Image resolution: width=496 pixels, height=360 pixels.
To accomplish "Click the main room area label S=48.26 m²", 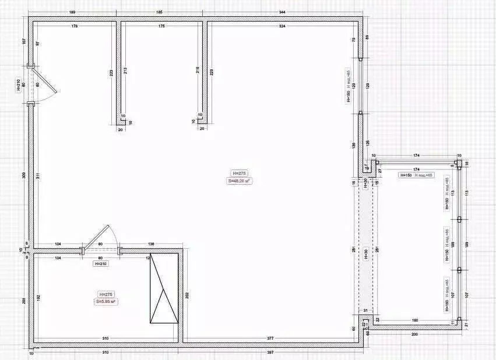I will click(x=239, y=181).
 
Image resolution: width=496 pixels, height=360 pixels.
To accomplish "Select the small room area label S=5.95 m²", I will click(x=106, y=301).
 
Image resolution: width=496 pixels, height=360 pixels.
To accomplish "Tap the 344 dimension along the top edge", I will click(x=282, y=12).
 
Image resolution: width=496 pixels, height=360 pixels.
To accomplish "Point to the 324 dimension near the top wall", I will click(x=282, y=26).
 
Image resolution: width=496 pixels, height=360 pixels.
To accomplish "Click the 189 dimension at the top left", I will click(x=72, y=12).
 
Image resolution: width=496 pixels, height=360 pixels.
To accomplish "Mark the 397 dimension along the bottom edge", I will click(x=270, y=352).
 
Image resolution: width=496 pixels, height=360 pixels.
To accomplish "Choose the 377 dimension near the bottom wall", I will click(x=270, y=338).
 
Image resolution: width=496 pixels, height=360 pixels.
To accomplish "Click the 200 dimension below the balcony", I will click(x=414, y=334).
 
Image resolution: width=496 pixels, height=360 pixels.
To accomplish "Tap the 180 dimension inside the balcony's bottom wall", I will click(x=414, y=320).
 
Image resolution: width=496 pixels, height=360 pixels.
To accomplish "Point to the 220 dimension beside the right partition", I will click(x=212, y=72).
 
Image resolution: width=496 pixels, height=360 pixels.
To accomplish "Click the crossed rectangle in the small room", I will click(x=164, y=287).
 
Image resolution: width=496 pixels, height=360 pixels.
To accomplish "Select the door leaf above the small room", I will click(x=95, y=237).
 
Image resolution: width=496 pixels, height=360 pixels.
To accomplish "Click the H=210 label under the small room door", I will click(x=101, y=263).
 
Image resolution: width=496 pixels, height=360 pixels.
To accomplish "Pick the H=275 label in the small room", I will click(x=106, y=294).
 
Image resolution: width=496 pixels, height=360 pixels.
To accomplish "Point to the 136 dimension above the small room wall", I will click(x=152, y=244).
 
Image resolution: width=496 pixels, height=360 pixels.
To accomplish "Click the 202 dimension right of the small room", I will click(x=187, y=295).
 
